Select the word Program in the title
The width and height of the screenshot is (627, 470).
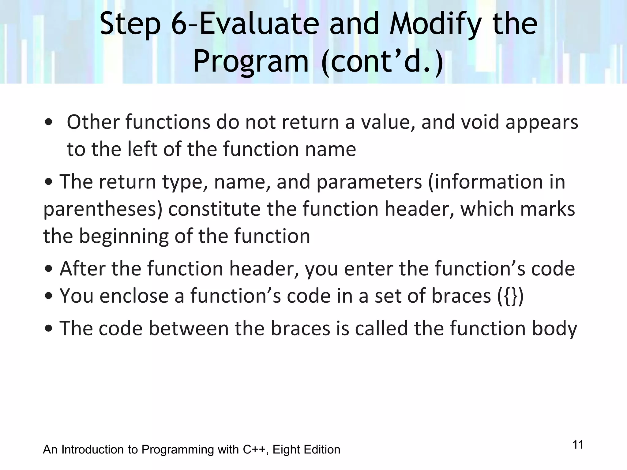pyautogui.click(x=251, y=61)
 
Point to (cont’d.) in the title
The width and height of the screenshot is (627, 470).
pyautogui.click(x=382, y=61)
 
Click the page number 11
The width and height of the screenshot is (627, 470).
pyautogui.click(x=578, y=445)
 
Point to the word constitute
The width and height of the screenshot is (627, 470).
pyautogui.click(x=215, y=209)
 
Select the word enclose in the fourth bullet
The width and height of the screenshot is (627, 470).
pyautogui.click(x=134, y=296)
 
